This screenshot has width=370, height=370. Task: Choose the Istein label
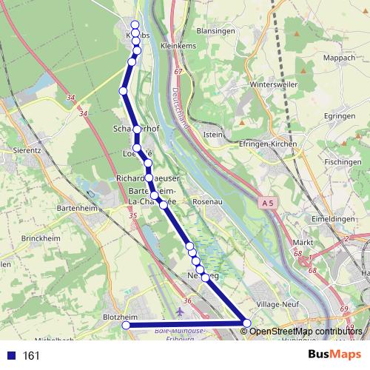(x=212, y=134)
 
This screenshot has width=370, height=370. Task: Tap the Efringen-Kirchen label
(x=272, y=144)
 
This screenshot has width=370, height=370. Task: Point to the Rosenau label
(x=206, y=201)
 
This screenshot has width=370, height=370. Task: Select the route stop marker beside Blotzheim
(x=126, y=325)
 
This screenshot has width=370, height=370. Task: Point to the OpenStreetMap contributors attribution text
(x=305, y=331)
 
